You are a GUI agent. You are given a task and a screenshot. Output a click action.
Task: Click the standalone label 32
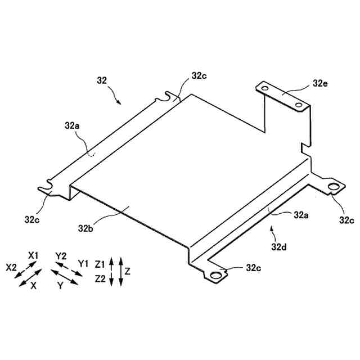102,80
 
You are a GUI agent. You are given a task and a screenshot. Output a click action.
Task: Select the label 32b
86,228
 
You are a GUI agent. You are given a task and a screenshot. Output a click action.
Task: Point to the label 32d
279,246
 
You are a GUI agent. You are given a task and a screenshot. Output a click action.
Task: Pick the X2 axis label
12,268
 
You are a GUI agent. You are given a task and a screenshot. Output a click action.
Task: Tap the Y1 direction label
83,263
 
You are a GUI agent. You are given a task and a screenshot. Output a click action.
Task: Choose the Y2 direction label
61,255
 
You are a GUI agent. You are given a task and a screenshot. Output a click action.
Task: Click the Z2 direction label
101,278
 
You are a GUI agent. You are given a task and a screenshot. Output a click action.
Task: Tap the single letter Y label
60,285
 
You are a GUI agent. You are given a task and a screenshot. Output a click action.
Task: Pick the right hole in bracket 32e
298,105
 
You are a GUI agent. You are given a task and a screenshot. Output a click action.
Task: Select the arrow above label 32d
272,229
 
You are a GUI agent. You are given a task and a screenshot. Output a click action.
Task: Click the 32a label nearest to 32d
299,214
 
